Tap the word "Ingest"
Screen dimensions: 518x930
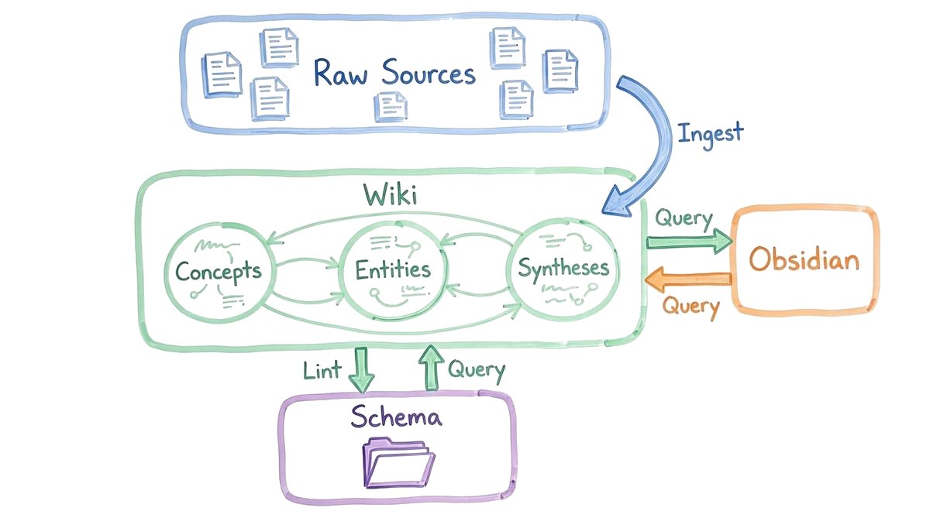[710, 132]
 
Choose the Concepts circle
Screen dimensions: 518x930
[218, 270]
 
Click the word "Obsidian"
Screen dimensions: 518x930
[804, 259]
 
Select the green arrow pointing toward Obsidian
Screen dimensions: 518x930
[689, 242]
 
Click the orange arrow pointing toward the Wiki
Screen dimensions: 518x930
[689, 278]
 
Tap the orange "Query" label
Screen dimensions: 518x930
[691, 307]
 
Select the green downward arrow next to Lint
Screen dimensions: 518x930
[360, 370]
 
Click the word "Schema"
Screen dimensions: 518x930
[396, 417]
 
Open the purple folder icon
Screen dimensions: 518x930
[396, 461]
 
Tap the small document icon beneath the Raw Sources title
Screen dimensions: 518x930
[390, 106]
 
